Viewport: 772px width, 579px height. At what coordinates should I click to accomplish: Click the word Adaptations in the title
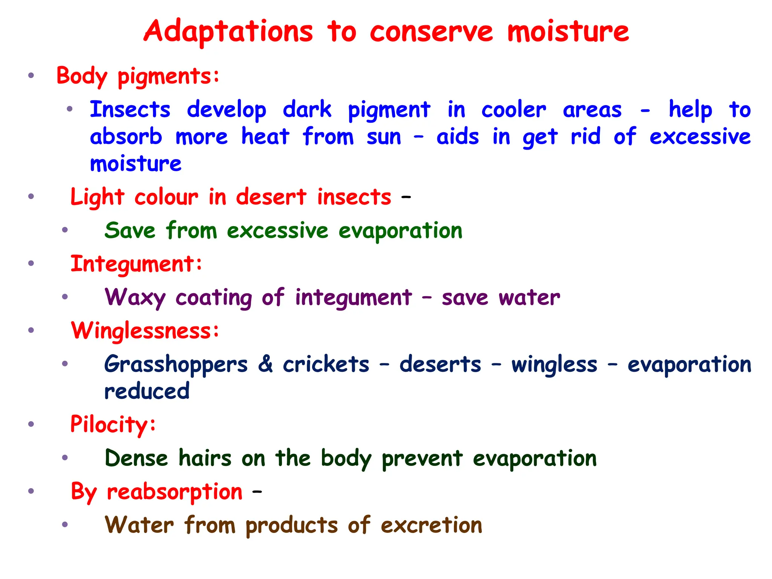click(x=228, y=32)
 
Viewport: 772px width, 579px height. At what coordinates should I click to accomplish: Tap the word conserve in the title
click(x=431, y=32)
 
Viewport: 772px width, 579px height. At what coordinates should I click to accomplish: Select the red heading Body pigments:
click(x=138, y=76)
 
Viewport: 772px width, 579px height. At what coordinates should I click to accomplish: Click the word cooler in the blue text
click(x=513, y=110)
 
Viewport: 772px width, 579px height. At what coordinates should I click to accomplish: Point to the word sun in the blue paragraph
click(x=384, y=137)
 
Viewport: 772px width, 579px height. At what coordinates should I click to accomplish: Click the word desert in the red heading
click(x=271, y=197)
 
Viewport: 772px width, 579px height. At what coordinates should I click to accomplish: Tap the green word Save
click(x=130, y=230)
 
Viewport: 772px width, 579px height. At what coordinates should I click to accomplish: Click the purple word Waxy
click(x=135, y=297)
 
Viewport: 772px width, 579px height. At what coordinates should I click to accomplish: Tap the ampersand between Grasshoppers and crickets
click(x=265, y=364)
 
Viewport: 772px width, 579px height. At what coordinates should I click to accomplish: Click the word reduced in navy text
click(x=147, y=391)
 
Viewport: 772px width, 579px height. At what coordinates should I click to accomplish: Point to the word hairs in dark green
click(x=205, y=458)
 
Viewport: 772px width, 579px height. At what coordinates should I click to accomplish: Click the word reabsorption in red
click(x=175, y=492)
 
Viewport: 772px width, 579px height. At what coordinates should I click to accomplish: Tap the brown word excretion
click(x=431, y=525)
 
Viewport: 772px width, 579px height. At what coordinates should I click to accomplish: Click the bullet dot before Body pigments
click(x=31, y=75)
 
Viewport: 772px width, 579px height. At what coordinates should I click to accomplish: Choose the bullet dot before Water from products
click(x=65, y=524)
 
